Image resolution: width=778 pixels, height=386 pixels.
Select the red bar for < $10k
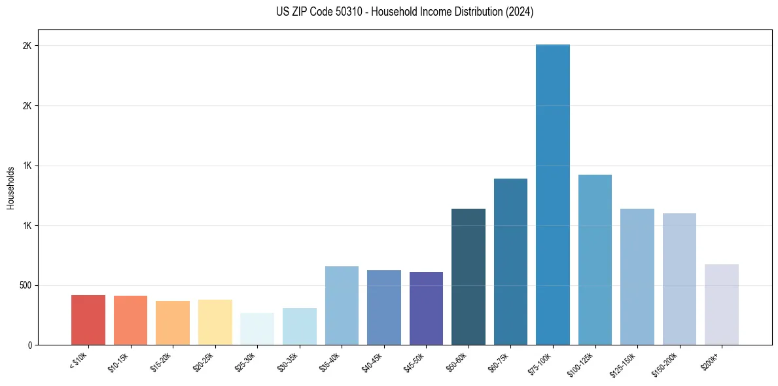click(88, 320)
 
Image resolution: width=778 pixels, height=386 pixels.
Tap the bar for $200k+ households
click(721, 304)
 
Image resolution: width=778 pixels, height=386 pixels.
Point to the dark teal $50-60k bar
click(468, 277)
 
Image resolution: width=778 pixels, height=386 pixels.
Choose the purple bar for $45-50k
click(426, 308)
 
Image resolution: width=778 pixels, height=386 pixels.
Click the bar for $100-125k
click(595, 260)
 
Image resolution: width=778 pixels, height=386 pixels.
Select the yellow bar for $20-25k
click(215, 322)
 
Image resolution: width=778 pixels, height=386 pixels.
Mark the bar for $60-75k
click(510, 262)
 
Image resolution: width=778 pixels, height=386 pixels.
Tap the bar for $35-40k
click(342, 306)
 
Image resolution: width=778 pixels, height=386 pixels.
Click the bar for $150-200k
click(679, 279)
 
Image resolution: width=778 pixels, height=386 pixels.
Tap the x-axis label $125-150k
click(624, 362)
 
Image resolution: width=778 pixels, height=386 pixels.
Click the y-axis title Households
click(10, 187)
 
